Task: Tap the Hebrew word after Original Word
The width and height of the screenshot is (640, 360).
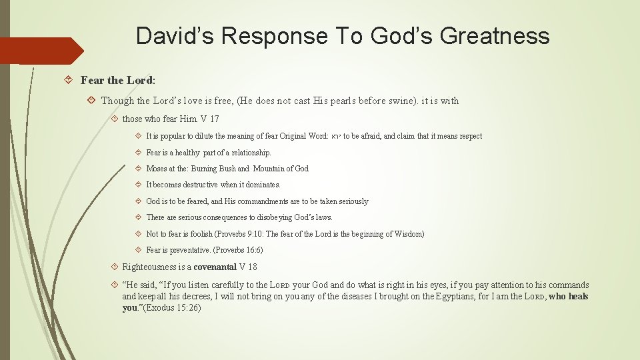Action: tap(336, 137)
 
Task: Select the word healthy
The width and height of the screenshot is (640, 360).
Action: tap(187, 153)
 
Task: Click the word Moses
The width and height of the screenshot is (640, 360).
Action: tap(157, 169)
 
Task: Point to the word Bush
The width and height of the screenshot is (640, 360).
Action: tap(225, 169)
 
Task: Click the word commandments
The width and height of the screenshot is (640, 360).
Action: tap(251, 201)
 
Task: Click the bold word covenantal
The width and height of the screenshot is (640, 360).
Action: tap(215, 267)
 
